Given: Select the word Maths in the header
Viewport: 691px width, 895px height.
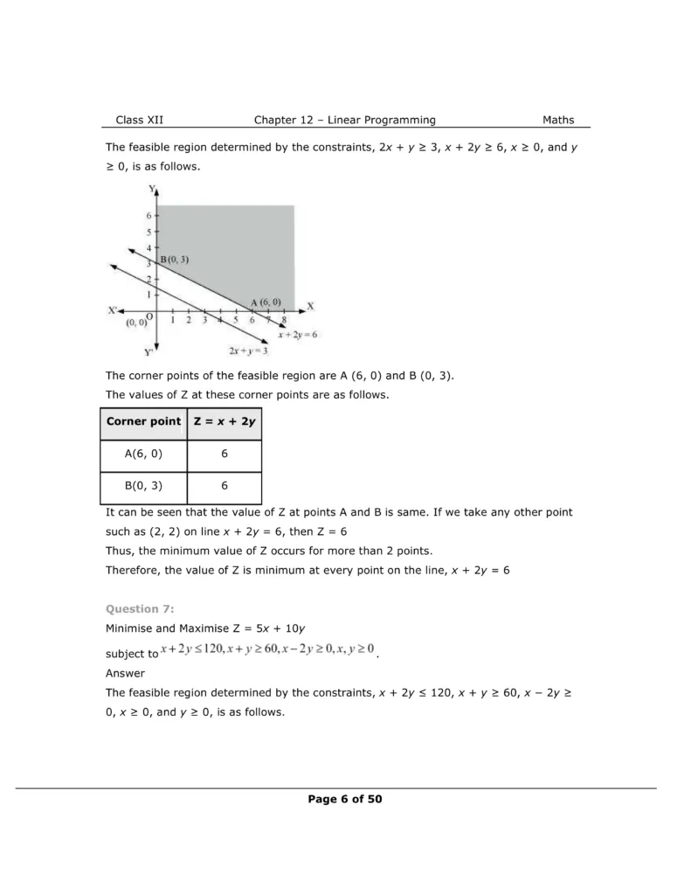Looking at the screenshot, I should pyautogui.click(x=558, y=120).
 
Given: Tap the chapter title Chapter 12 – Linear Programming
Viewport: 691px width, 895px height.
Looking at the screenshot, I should pyautogui.click(x=344, y=120).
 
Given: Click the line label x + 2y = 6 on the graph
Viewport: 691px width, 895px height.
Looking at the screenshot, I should pyautogui.click(x=297, y=334).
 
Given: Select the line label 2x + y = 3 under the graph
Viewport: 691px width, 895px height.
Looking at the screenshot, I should pyautogui.click(x=248, y=350).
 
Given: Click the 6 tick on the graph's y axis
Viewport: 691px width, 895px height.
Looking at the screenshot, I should pyautogui.click(x=149, y=215).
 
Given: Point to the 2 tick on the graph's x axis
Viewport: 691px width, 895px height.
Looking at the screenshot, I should pyautogui.click(x=189, y=321).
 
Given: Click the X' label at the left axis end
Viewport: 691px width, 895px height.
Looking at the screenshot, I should pyautogui.click(x=114, y=310).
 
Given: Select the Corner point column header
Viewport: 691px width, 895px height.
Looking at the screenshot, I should pyautogui.click(x=143, y=421).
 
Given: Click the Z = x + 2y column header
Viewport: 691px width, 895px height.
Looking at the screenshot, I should pyautogui.click(x=225, y=421).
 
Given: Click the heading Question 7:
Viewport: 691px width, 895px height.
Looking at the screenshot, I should pyautogui.click(x=140, y=608).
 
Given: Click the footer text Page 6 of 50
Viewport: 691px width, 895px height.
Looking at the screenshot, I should pyautogui.click(x=344, y=799).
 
